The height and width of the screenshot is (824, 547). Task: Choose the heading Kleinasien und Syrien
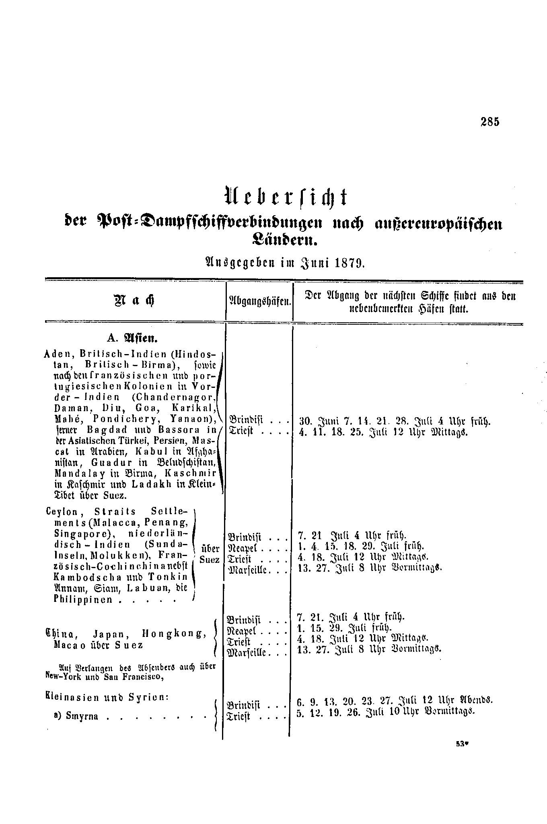pyautogui.click(x=106, y=696)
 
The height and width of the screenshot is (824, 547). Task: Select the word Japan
pyautogui.click(x=109, y=634)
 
